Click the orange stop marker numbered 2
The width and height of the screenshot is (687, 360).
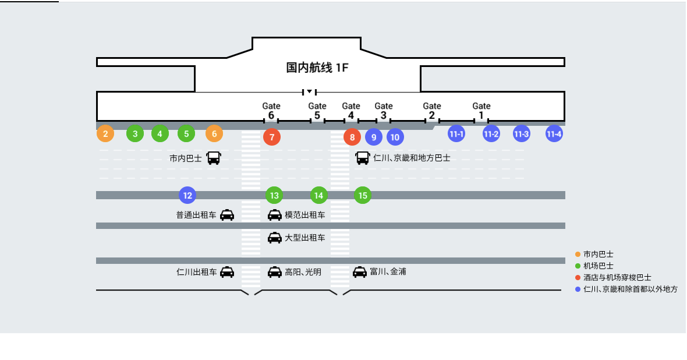[x=105, y=134]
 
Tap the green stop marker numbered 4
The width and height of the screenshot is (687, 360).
[x=160, y=134]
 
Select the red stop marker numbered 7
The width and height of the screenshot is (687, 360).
[x=272, y=137]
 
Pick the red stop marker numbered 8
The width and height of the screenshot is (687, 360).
[x=352, y=137]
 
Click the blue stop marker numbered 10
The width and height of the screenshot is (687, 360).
[x=395, y=137]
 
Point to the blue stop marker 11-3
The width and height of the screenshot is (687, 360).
[x=521, y=134]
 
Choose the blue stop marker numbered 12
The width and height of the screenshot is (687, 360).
[x=187, y=195]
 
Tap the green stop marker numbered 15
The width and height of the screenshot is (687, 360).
[x=363, y=195]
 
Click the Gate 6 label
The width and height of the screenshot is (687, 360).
[x=271, y=111]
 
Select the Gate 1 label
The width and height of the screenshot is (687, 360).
[x=481, y=111]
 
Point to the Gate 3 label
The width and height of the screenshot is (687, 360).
[x=384, y=111]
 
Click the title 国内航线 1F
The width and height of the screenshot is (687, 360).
[x=317, y=68]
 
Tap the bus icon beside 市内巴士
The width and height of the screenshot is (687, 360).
[x=214, y=158]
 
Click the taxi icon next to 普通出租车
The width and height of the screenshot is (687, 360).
[x=227, y=215]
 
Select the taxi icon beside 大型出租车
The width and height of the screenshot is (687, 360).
[x=275, y=238]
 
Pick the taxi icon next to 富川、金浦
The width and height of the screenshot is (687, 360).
[x=360, y=271]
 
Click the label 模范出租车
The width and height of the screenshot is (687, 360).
[x=305, y=215]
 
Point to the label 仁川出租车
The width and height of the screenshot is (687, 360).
[x=197, y=271]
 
